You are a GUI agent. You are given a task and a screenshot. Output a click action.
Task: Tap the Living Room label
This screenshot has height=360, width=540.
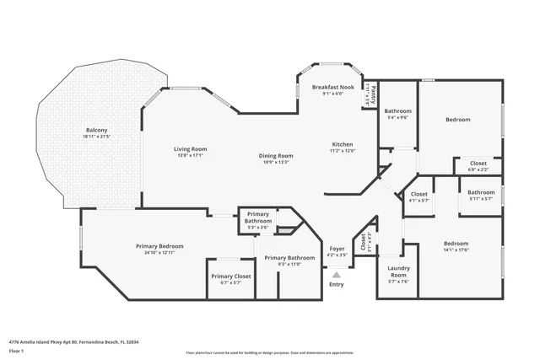pyautogui.click(x=191, y=149)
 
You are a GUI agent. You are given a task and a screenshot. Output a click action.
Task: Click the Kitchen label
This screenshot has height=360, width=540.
pyautogui.click(x=342, y=144)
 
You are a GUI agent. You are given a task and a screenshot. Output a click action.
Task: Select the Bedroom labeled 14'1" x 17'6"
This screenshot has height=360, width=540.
pyautogui.click(x=456, y=244)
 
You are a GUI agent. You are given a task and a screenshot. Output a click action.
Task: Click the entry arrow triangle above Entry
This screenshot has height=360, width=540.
pyautogui.click(x=337, y=274)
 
